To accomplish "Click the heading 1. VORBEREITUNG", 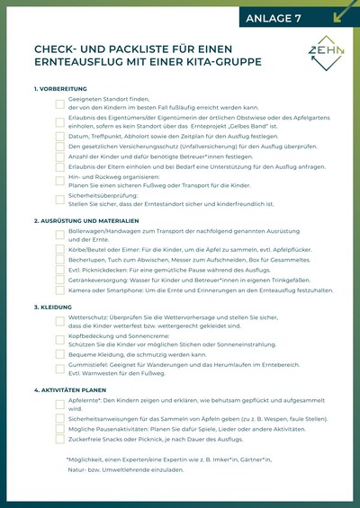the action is click(61, 89).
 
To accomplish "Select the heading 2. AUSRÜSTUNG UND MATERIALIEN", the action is click(86, 220).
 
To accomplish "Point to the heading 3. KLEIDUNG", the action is click(55, 307).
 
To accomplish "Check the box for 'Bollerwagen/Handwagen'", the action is click(59, 236).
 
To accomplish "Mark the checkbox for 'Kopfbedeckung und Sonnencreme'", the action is click(59, 341).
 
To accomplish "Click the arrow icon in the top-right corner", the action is click(344, 12).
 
